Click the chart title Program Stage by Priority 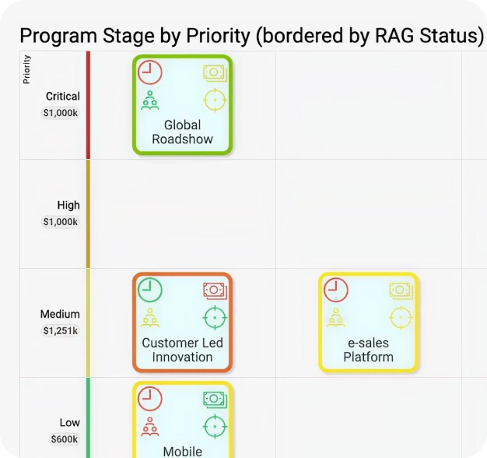[251, 36]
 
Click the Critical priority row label [62, 97]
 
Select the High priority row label [68, 206]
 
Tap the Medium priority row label [60, 314]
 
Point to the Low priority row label [69, 423]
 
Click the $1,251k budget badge [60, 331]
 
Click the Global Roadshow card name [182, 132]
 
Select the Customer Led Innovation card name [182, 350]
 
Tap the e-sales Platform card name [368, 350]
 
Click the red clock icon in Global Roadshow [150, 72]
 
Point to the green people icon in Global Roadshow [150, 100]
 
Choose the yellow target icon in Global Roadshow [215, 100]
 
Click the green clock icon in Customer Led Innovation [150, 291]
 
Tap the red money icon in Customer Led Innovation [215, 291]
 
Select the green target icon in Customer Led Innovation [215, 318]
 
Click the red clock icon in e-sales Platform [336, 291]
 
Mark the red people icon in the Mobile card [150, 427]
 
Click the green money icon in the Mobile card [215, 400]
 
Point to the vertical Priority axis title [27, 69]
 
